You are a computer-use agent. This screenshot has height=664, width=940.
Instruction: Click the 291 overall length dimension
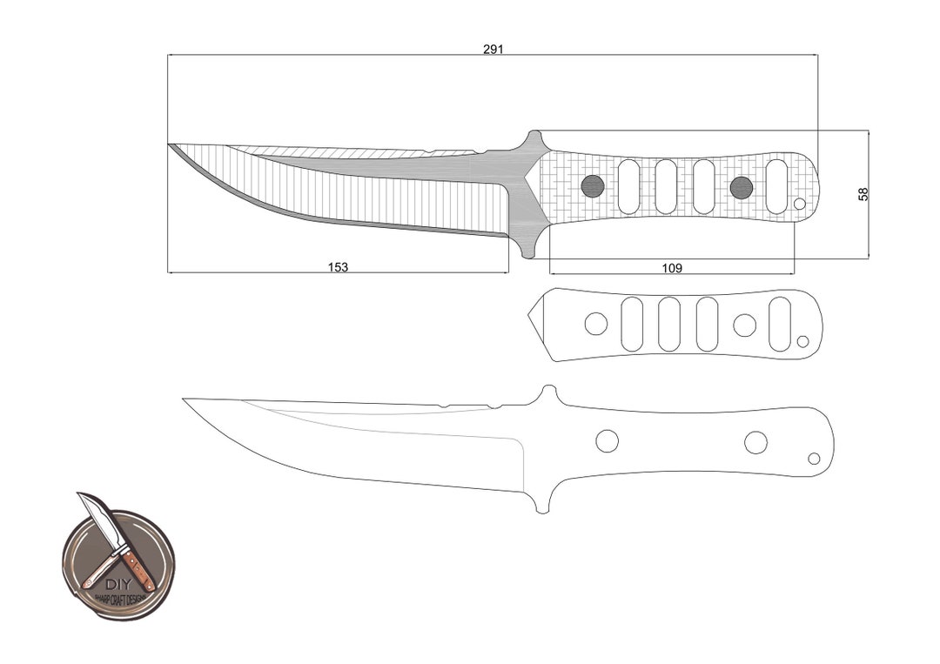493,50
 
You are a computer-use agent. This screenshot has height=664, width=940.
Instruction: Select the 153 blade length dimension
338,267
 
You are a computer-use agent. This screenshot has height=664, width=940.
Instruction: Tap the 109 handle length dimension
672,268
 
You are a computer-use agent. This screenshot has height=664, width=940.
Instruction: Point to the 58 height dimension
863,194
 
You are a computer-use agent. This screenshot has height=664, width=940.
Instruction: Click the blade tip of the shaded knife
170,144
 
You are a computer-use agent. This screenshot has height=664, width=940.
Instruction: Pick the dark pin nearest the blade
593,185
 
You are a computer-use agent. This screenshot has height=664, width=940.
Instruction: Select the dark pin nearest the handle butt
742,187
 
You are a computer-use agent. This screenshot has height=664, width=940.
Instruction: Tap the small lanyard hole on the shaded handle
800,204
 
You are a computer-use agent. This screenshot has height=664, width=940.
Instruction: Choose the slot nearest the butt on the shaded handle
777,186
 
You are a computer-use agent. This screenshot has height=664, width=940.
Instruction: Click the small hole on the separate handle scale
803,340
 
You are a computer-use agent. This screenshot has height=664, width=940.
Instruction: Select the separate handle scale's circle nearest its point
596,324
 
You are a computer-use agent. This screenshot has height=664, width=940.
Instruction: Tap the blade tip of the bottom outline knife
185,399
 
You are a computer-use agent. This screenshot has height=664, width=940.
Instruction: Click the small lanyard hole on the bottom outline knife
815,459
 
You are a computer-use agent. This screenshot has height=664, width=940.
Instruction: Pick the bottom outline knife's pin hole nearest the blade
607,441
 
